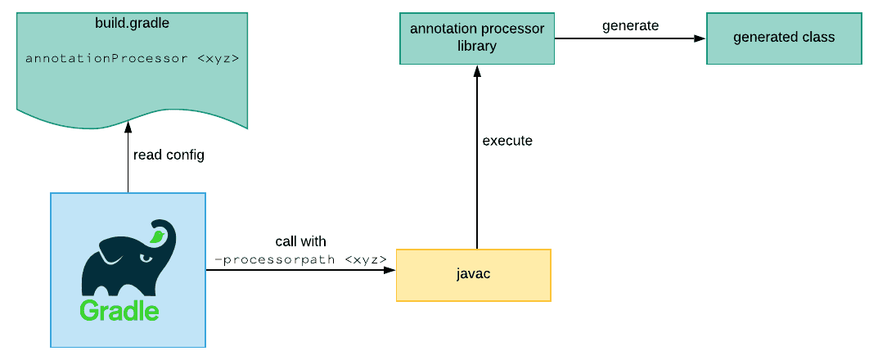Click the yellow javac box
pos(473,275)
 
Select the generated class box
pos(783,38)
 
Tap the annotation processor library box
pos(476,38)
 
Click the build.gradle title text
pos(132,23)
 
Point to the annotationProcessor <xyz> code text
pos(132,59)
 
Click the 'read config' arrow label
pos(168,155)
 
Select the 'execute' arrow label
pos(507,141)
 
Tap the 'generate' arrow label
pos(630,25)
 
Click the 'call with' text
pos(300,241)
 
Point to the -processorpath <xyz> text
pos(300,259)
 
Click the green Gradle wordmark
pos(119,311)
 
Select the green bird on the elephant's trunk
pos(156,236)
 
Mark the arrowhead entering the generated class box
pos(700,38)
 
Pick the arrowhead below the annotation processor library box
pos(476,70)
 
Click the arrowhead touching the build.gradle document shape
pos(128,127)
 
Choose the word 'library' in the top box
pos(476,46)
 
